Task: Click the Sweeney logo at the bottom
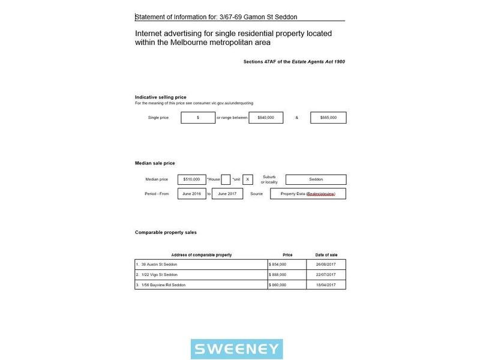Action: [236, 349]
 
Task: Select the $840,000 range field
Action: [266, 118]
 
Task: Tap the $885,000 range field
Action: [328, 118]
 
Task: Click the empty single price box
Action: [197, 118]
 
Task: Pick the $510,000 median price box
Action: [191, 179]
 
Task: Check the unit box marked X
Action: [248, 179]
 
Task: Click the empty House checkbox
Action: [226, 179]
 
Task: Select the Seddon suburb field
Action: [316, 179]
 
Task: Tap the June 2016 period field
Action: [191, 194]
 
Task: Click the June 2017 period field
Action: [227, 194]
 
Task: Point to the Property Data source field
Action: [308, 194]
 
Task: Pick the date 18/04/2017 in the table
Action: [326, 284]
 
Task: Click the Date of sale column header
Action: [326, 255]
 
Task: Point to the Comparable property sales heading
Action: [166, 232]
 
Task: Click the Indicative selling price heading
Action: [160, 97]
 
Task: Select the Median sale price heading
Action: [155, 163]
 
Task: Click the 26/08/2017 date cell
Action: [326, 265]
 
